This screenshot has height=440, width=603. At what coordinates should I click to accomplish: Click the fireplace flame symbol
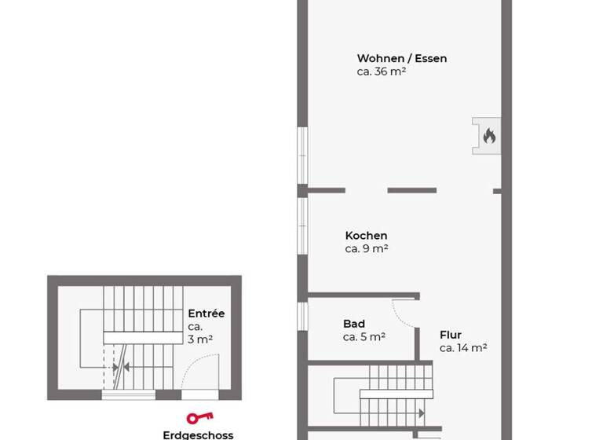coord(488,136)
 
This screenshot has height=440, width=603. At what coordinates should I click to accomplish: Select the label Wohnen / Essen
coord(402,58)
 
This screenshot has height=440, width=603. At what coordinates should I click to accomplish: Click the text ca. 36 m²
coord(381,71)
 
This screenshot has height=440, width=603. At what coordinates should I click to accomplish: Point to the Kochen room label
coord(366,235)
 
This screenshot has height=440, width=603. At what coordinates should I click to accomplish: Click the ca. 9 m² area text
coord(367,248)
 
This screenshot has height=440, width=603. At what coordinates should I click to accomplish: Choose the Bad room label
coord(354,324)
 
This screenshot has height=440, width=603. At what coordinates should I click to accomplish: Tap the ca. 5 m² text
coord(364,337)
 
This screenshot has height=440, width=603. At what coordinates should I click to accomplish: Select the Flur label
coord(451,334)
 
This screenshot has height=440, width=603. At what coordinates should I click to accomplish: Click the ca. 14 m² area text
coord(463,347)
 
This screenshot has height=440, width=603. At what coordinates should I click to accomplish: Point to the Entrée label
coord(206,313)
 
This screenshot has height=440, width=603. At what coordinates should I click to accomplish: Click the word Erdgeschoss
coord(198,434)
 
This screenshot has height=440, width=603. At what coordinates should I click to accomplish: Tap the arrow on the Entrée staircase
coord(115,367)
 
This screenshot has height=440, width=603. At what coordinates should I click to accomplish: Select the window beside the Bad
coord(302,316)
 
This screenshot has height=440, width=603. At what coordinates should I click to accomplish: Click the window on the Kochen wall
coord(302,225)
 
